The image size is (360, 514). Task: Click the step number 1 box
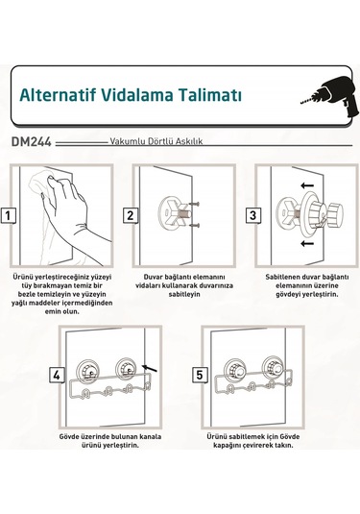(9, 214)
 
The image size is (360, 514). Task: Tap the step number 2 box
(129, 214)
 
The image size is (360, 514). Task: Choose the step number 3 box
(252, 214)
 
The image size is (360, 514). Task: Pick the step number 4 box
(57, 374)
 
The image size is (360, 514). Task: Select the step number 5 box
(199, 374)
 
